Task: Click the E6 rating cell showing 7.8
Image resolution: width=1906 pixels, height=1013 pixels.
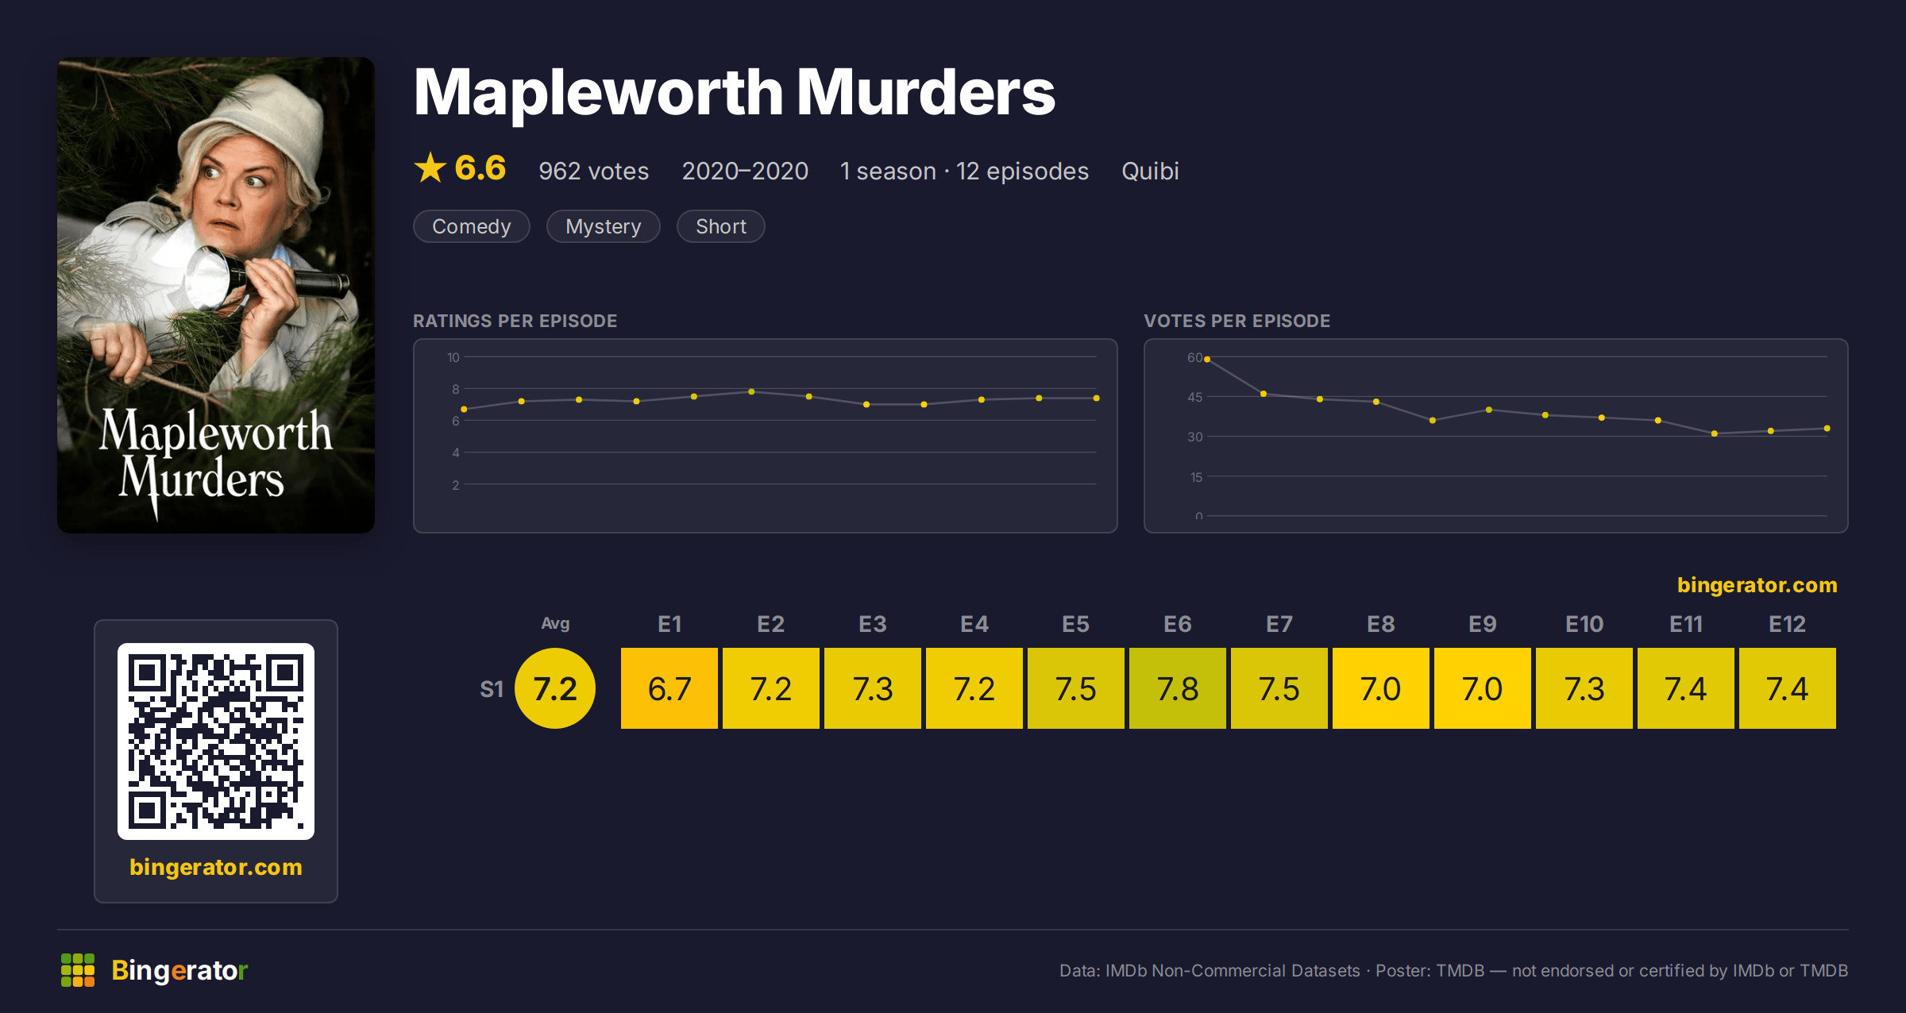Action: click(1177, 688)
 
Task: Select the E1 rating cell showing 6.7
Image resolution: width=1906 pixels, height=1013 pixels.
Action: click(669, 688)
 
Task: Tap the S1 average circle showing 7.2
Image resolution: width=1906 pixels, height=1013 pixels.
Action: click(555, 688)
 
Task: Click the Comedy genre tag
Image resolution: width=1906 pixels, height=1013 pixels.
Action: click(471, 226)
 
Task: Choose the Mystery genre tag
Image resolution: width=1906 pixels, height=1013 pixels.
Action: click(603, 226)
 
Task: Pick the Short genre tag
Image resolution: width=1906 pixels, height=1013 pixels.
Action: click(720, 226)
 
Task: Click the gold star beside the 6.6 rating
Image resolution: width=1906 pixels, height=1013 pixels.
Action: click(430, 168)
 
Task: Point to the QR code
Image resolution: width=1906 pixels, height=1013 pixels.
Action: click(216, 741)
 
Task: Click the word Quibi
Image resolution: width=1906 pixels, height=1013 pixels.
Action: click(1150, 171)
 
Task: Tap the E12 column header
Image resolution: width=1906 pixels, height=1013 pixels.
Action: click(1787, 624)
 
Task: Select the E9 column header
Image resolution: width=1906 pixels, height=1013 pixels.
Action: click(1482, 624)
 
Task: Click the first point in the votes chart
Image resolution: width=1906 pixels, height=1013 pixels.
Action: click(1207, 360)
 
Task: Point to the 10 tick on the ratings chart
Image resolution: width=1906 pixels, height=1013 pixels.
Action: click(453, 357)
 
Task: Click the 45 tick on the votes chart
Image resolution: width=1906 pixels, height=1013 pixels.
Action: click(1194, 397)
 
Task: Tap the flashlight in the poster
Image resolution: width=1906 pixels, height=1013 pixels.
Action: click(262, 278)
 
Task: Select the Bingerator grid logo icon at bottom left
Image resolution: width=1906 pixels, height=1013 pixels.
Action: click(78, 970)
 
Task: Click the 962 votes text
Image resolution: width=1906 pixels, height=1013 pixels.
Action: click(593, 171)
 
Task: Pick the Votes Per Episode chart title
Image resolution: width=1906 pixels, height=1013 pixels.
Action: click(1237, 321)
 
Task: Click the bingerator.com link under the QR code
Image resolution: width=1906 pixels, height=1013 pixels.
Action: click(216, 867)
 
